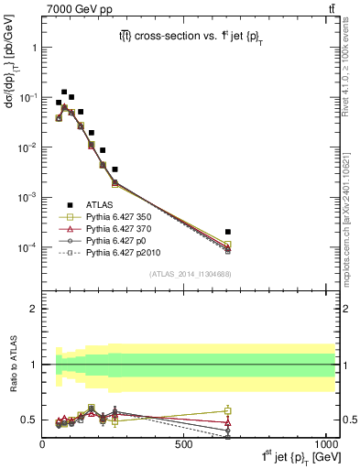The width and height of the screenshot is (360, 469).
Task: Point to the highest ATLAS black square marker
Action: (64, 93)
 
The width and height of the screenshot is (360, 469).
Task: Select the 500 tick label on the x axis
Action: (184, 444)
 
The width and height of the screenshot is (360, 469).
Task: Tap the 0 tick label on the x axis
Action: (43, 444)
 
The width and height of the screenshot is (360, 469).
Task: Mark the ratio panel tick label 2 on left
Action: (33, 309)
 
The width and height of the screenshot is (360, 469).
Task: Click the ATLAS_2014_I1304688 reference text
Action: (190, 274)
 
